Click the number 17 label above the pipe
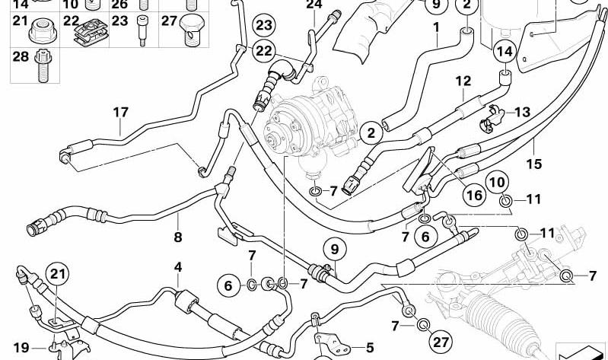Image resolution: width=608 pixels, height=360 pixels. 120,113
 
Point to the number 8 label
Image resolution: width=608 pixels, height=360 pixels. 178,237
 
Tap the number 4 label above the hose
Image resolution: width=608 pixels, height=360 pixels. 178,267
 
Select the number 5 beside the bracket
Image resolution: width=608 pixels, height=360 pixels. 370,348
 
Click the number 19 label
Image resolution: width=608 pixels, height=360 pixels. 21,348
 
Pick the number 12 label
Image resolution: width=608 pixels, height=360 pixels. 463,81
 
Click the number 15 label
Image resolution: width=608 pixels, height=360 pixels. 533,164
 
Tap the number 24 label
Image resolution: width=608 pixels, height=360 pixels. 314,5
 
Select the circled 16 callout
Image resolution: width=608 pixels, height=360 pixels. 475,195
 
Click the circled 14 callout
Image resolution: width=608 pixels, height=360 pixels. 505,52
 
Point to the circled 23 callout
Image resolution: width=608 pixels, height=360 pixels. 264,26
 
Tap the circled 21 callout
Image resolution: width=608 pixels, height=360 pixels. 58,274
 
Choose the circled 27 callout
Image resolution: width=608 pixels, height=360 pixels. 441,342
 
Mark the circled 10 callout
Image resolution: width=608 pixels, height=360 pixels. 498,183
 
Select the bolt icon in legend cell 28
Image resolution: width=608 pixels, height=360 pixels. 43,66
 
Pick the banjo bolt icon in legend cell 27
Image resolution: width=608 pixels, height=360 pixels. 191,30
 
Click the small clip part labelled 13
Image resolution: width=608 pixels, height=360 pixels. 492,117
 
